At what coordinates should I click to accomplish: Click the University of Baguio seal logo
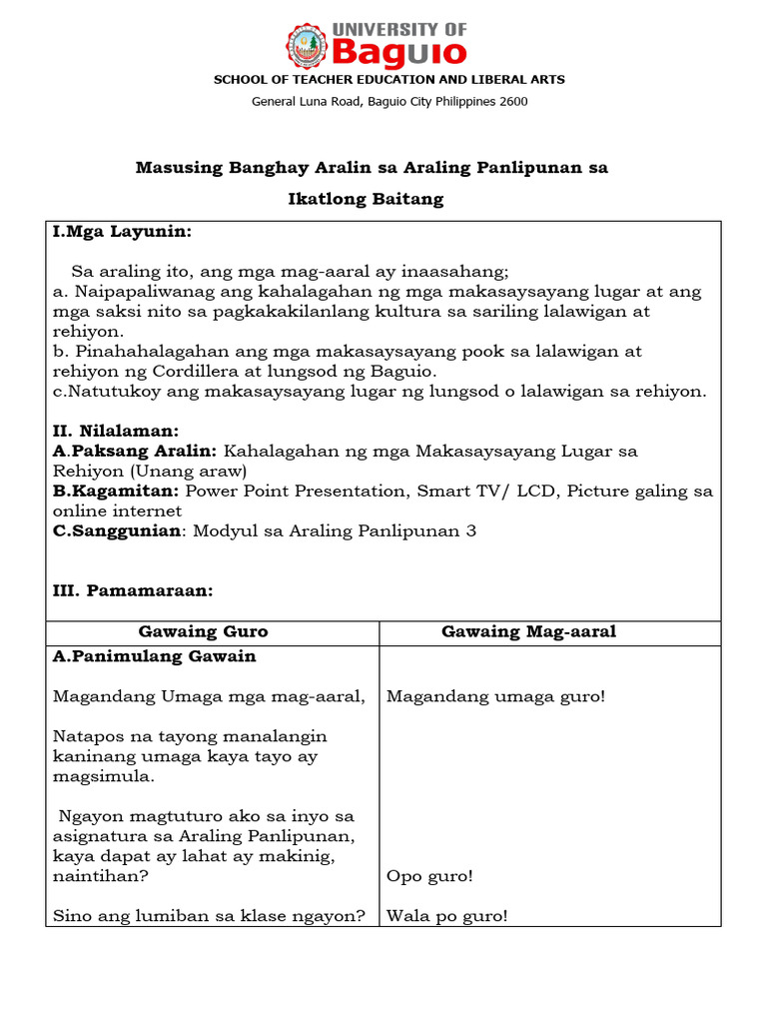tap(307, 45)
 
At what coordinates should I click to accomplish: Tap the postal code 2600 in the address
tap(513, 101)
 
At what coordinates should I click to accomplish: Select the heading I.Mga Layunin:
tap(121, 232)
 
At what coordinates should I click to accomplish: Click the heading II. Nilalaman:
tap(116, 431)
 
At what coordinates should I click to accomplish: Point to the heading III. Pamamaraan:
tap(133, 590)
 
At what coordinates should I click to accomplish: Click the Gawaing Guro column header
tap(203, 631)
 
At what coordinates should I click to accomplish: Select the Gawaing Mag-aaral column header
tap(529, 631)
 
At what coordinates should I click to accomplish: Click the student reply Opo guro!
tap(429, 876)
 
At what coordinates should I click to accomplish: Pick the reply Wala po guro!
tap(446, 915)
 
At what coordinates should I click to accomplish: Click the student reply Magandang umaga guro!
tap(495, 696)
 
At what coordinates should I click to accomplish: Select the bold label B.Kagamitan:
tap(116, 491)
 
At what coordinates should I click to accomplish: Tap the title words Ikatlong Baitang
tap(366, 199)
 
